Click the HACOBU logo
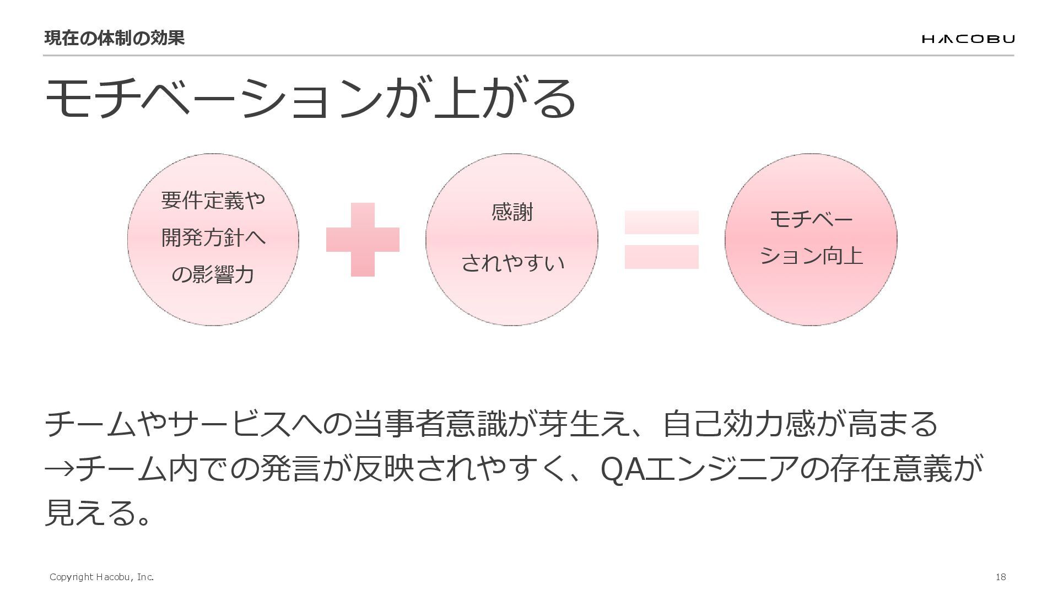pos(968,39)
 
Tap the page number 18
pos(1001,577)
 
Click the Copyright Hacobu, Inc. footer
pos(101,577)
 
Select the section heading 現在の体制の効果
pos(114,38)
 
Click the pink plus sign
pos(363,240)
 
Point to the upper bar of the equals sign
pos(661,222)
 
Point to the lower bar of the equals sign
pos(661,257)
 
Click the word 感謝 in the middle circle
pos(512,212)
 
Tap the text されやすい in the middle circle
pos(512,263)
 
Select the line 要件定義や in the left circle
pos(213,200)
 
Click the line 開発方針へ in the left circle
pos(213,237)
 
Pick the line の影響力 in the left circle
pos(213,274)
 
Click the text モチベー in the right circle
pos(811,219)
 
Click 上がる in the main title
pos(504,98)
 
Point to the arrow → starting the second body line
pos(58,469)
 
